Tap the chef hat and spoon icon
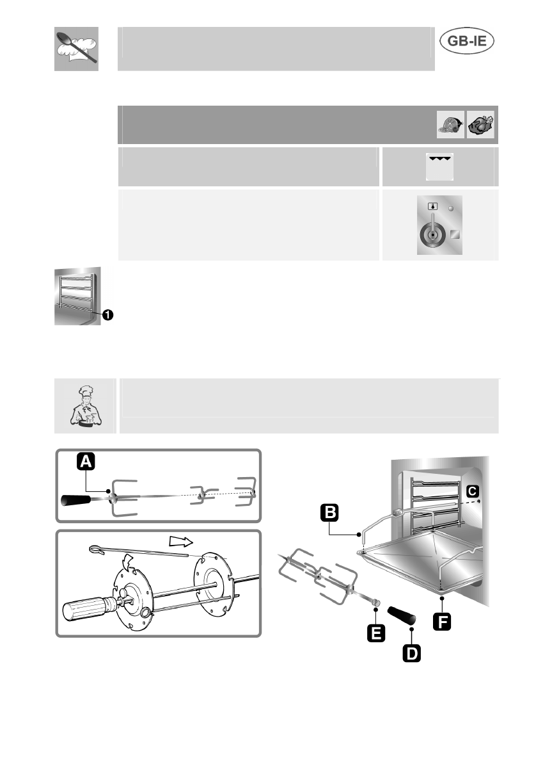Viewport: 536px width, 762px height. point(76,49)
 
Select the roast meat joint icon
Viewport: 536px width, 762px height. point(451,125)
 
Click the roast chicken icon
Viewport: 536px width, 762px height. point(481,125)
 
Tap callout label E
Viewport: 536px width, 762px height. point(375,633)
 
